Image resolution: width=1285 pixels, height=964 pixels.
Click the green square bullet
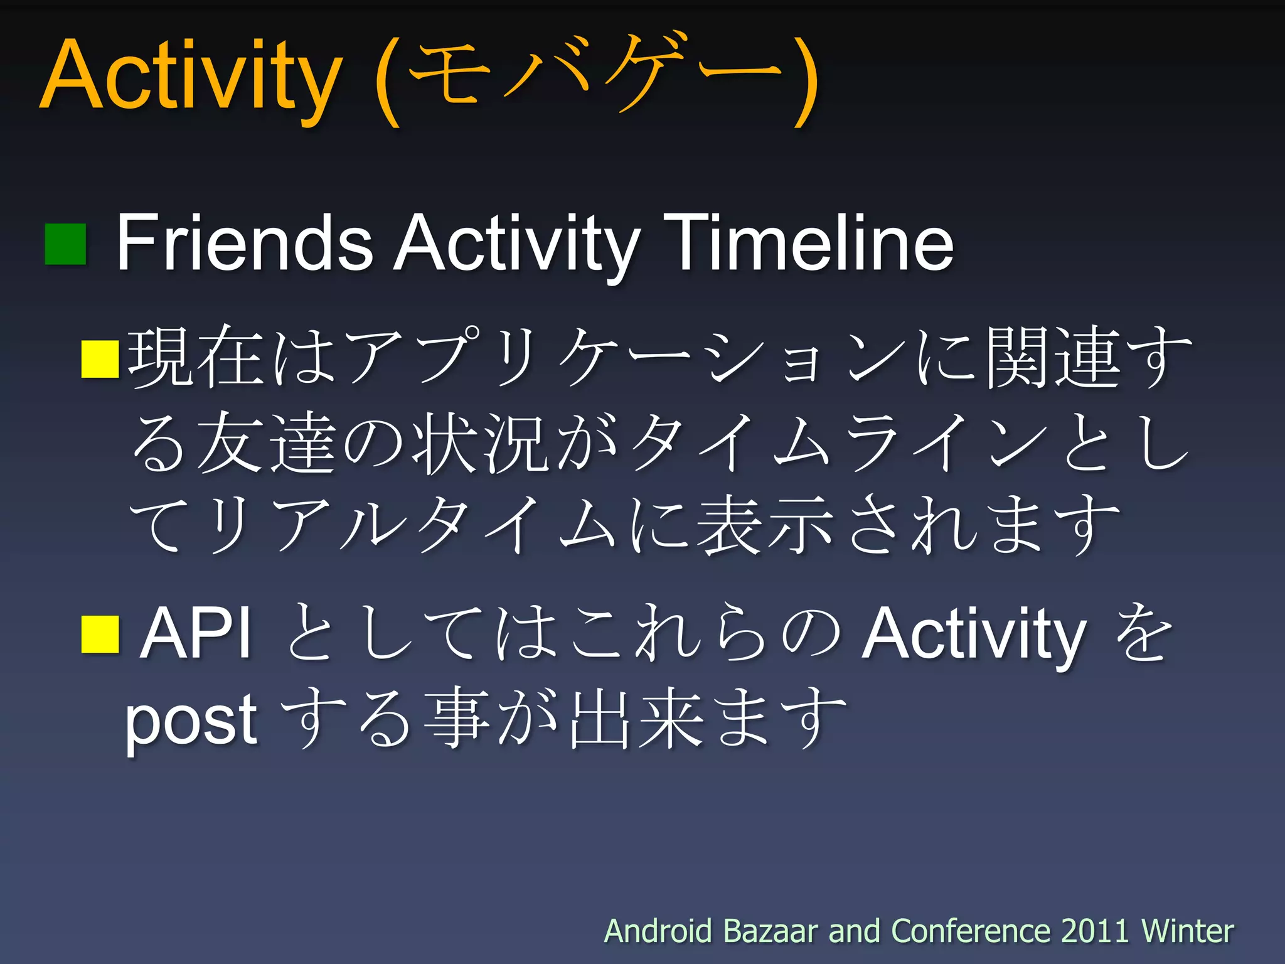[65, 244]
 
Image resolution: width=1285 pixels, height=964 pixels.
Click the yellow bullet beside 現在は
[100, 359]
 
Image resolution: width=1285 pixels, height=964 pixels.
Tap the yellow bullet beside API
[100, 635]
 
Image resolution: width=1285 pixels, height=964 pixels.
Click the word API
[196, 633]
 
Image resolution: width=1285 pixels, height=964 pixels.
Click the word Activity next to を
[973, 635]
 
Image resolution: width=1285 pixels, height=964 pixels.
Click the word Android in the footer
[658, 931]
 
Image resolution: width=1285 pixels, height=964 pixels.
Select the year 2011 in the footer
[1095, 931]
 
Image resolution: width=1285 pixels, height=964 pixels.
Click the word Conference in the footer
[971, 931]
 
